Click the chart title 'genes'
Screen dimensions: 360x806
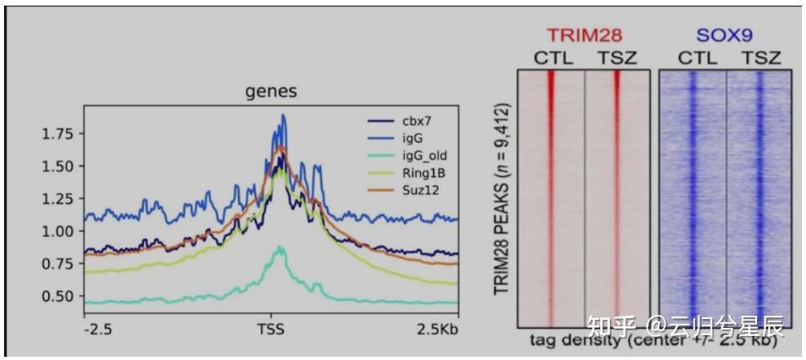click(x=271, y=92)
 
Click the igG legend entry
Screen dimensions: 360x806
click(x=412, y=138)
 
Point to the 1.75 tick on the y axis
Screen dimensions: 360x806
click(x=58, y=133)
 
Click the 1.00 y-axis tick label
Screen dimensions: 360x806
click(x=58, y=231)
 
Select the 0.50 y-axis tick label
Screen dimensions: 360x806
click(x=58, y=297)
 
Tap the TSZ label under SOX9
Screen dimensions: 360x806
click(x=760, y=58)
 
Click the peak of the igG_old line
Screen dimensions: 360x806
click(x=280, y=247)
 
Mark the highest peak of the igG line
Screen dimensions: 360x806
click(x=283, y=116)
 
